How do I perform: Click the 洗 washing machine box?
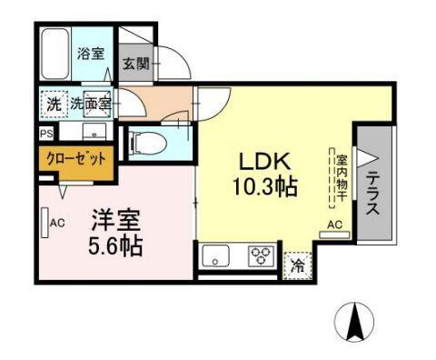(x=54, y=105)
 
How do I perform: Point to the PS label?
(x=45, y=133)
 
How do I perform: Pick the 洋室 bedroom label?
(x=114, y=219)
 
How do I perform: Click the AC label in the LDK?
(x=333, y=225)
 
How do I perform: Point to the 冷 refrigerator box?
(x=296, y=266)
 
